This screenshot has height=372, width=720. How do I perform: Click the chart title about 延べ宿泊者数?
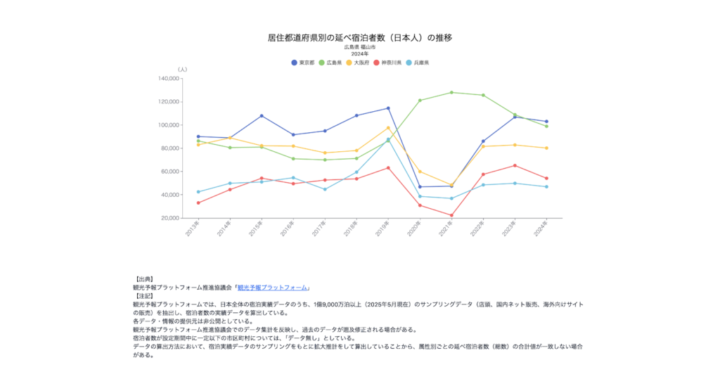pyautogui.click(x=359, y=37)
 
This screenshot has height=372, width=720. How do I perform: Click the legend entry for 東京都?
pyautogui.click(x=303, y=63)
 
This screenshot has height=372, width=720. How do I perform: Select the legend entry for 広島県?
pyautogui.click(x=330, y=63)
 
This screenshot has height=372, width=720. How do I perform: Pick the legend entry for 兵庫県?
pyautogui.click(x=418, y=63)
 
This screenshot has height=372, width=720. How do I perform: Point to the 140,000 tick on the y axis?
pyautogui.click(x=168, y=79)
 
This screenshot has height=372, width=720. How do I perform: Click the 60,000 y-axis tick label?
pyautogui.click(x=169, y=172)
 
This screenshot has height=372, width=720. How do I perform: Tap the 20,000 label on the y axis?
pyautogui.click(x=169, y=218)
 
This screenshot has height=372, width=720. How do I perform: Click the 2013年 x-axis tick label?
pyautogui.click(x=192, y=228)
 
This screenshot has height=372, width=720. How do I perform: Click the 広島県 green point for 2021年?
pyautogui.click(x=451, y=92)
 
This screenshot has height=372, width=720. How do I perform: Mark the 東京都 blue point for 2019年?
pyautogui.click(x=388, y=108)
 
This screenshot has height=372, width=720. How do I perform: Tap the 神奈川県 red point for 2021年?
pyautogui.click(x=451, y=215)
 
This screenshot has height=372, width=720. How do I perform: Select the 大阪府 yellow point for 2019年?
pyautogui.click(x=388, y=128)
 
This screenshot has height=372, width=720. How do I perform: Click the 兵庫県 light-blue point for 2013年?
pyautogui.click(x=198, y=191)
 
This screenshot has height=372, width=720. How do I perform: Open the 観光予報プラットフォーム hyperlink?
pyautogui.click(x=273, y=288)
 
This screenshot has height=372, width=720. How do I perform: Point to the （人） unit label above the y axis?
pyautogui.click(x=182, y=69)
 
